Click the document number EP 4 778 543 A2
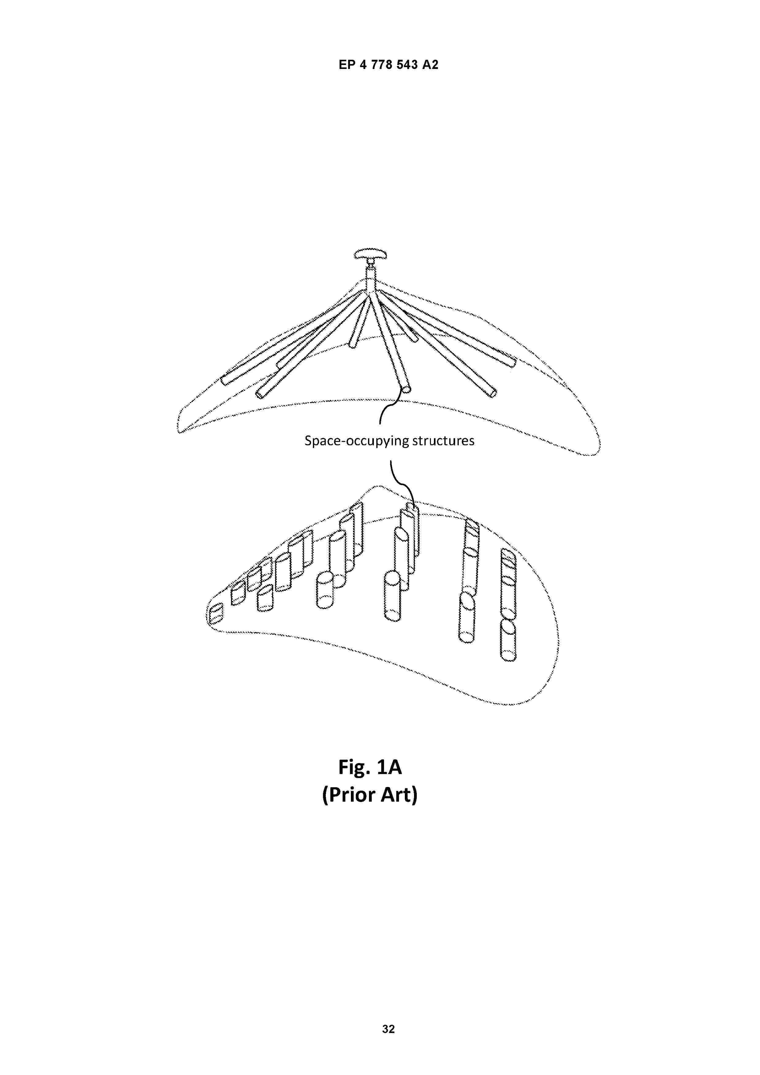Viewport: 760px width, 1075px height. click(388, 65)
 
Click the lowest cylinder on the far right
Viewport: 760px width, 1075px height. click(508, 640)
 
